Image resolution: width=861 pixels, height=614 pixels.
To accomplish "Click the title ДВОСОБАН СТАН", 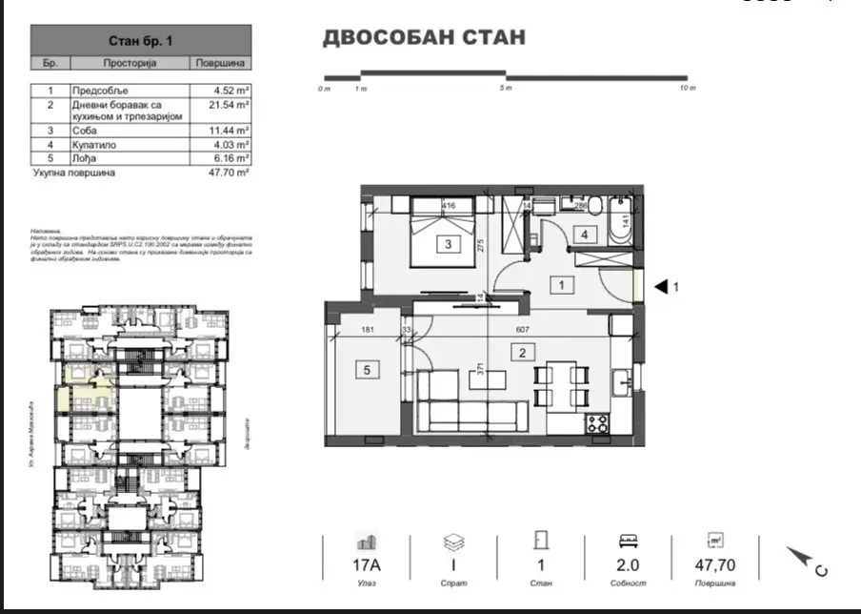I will [x=424, y=38].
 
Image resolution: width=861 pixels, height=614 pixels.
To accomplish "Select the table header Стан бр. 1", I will [x=141, y=41].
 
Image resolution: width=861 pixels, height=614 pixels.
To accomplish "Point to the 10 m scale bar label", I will [x=687, y=89].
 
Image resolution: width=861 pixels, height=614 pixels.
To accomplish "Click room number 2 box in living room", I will [x=523, y=352].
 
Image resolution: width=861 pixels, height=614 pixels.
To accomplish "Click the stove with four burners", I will [x=597, y=423].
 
